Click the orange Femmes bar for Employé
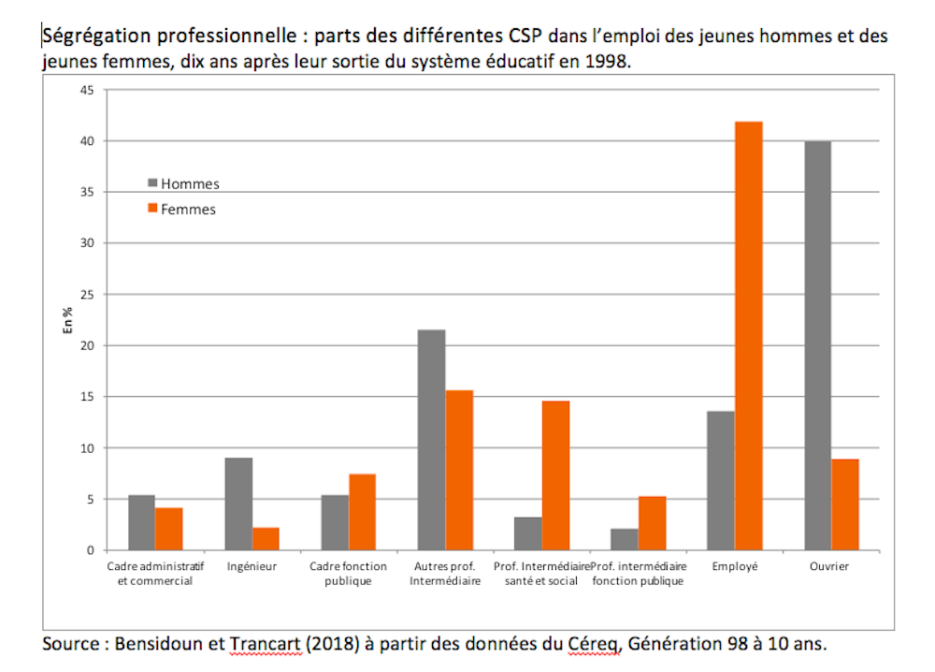[749, 336]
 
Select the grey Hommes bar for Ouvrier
[817, 345]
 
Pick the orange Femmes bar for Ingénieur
[266, 539]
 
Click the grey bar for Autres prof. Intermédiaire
[431, 440]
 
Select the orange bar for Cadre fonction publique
[362, 512]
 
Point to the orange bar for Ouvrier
[845, 504]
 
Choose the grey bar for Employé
[721, 480]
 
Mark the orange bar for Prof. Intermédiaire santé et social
[555, 475]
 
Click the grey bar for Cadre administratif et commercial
[141, 522]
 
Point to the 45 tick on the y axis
[87, 90]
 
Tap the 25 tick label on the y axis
[87, 295]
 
